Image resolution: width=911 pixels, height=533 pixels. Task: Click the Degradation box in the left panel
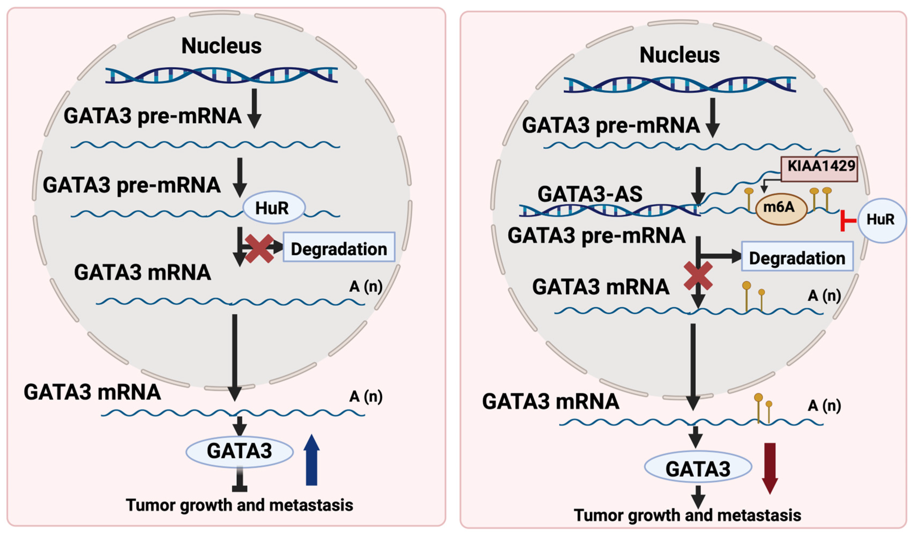point(339,247)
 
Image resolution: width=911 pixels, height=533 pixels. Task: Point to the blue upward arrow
point(311,460)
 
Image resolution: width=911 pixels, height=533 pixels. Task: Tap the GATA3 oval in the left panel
point(239,451)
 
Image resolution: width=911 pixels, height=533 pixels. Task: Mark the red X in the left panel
point(259,248)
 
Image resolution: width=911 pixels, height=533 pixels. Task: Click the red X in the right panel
point(698,277)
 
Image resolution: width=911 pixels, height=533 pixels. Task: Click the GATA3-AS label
point(590,194)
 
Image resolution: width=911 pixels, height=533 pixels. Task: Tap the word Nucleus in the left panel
point(221,46)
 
